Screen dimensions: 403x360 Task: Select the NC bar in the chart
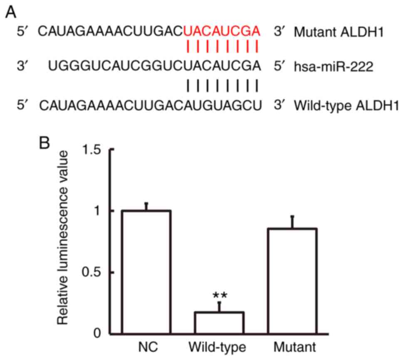[146, 272]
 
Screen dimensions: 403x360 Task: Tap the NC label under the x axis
[146, 347]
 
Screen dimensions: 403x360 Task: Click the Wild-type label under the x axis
[219, 347]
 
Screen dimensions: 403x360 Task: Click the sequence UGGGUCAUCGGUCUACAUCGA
[154, 65]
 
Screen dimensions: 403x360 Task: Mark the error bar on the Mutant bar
[292, 222]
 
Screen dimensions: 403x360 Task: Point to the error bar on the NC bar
[146, 206]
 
